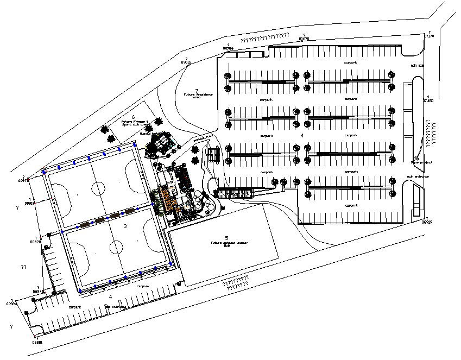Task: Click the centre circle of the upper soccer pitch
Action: (98, 188)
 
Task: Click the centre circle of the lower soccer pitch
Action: (117, 248)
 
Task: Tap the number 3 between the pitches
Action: (125, 225)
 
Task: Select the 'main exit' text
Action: (416, 65)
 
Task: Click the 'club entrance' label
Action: (116, 307)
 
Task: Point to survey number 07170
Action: (428, 36)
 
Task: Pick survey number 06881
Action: (37, 343)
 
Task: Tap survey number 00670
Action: (304, 39)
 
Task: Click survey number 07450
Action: (428, 101)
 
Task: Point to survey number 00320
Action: (35, 242)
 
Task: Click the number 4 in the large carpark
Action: (302, 134)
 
